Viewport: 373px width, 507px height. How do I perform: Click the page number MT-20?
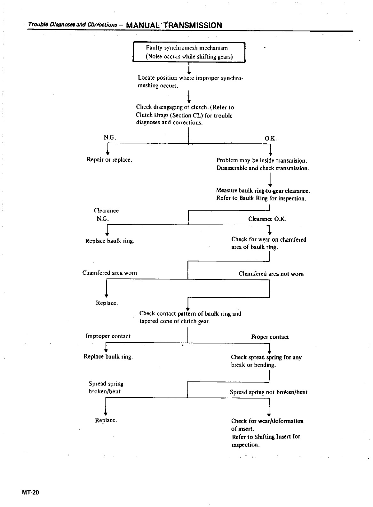point(30,493)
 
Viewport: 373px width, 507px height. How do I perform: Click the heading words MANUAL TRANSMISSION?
point(174,25)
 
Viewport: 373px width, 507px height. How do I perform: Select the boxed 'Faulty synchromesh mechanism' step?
point(189,52)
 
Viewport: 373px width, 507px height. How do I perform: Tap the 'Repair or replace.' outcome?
point(109,159)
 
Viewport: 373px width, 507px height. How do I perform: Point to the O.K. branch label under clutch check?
point(271,139)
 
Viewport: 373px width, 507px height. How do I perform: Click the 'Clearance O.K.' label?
point(267,219)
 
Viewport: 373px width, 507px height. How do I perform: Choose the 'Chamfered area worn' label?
point(109,273)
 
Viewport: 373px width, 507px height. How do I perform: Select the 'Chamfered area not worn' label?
point(271,274)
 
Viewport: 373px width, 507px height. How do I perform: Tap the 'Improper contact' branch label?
point(108,336)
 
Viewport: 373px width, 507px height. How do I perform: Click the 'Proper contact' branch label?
point(270,337)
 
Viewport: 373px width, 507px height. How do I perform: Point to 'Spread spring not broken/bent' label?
point(269,392)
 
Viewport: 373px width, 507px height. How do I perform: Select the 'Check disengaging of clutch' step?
point(185,115)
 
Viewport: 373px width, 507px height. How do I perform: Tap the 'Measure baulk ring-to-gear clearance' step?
point(263,195)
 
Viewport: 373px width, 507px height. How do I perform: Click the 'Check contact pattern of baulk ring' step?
point(190,318)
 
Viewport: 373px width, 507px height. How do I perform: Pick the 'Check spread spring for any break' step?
point(266,361)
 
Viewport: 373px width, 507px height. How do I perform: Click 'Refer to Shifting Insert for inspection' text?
point(266,441)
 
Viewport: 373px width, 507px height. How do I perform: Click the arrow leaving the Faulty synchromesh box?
point(189,68)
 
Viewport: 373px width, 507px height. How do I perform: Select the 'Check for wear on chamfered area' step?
point(269,243)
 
